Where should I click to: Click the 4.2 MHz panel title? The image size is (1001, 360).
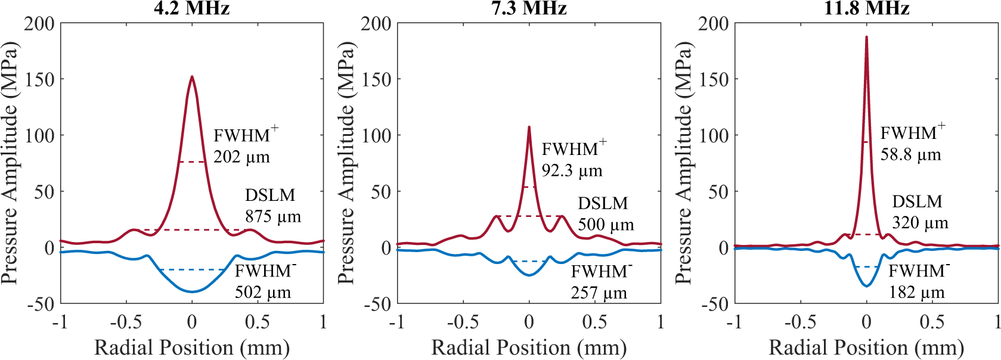point(191,8)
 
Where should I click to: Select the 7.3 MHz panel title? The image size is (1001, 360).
point(529,8)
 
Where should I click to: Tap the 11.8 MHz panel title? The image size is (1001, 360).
point(866,8)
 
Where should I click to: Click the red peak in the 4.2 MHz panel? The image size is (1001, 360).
point(192,77)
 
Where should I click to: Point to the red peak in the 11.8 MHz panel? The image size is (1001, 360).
point(866,38)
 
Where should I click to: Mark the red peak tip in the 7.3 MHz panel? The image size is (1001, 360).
point(529,127)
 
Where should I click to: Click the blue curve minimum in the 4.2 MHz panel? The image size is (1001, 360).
point(192,291)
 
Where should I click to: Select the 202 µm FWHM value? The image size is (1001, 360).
point(241,157)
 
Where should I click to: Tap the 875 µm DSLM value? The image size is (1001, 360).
point(272,216)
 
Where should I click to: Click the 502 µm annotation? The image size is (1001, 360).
point(262,292)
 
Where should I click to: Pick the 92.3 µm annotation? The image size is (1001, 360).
point(572,171)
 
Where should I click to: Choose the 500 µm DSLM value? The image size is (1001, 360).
point(606,225)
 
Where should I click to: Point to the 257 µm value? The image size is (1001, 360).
point(599,293)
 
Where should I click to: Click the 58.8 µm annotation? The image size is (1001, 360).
point(910,155)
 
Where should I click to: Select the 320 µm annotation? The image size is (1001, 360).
point(919,223)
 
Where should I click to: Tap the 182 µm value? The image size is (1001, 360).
point(916,293)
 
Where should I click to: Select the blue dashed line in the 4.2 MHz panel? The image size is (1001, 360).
point(192,269)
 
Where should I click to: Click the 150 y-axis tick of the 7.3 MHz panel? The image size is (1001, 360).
point(376,79)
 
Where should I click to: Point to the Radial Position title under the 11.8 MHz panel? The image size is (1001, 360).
point(866,347)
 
